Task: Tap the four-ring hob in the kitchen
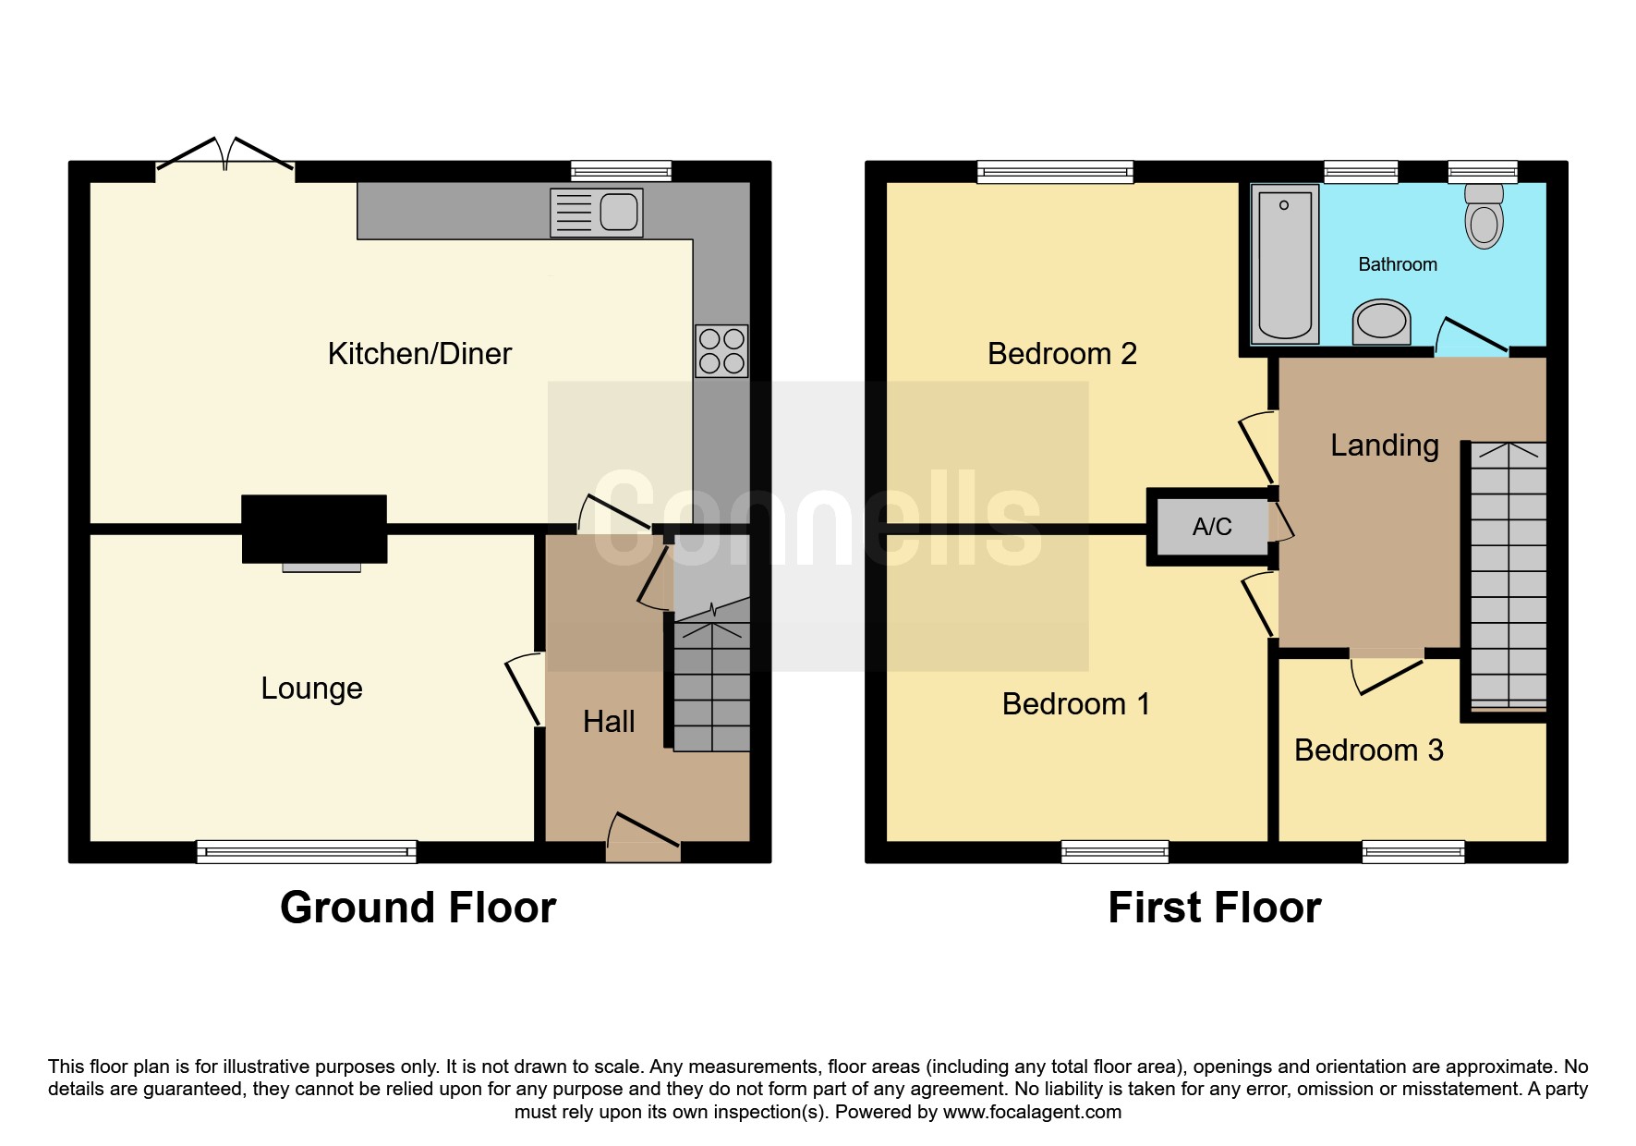click(x=721, y=351)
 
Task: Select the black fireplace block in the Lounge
click(x=314, y=529)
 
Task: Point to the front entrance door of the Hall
click(x=644, y=832)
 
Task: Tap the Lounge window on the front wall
click(x=307, y=851)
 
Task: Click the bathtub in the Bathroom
click(x=1284, y=264)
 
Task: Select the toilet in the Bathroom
click(x=1484, y=216)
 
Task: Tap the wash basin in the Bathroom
click(x=1381, y=322)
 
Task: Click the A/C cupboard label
click(x=1212, y=527)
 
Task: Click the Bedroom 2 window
click(x=1055, y=171)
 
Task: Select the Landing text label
click(x=1384, y=445)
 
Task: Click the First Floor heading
click(x=1214, y=908)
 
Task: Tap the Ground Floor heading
click(x=418, y=908)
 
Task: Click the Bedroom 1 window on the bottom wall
click(x=1115, y=851)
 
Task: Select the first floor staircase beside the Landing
click(x=1508, y=573)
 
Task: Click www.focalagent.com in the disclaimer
click(x=1032, y=1112)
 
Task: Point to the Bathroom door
click(x=1472, y=336)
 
